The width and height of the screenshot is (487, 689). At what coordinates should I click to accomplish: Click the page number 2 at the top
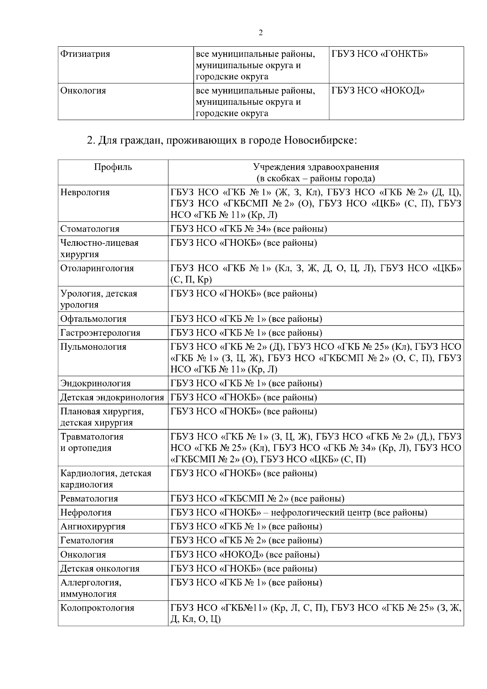261,33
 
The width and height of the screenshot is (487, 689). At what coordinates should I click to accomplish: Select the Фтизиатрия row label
85,54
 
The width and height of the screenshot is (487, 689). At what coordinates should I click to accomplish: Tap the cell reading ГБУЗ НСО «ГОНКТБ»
379,54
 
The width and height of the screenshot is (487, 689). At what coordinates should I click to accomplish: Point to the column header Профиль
113,167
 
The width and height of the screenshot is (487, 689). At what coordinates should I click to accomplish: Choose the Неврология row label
85,192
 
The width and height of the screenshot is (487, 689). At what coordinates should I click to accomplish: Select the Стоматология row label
90,229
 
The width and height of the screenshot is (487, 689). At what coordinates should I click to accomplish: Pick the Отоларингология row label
97,268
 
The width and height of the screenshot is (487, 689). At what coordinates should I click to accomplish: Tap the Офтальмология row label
93,319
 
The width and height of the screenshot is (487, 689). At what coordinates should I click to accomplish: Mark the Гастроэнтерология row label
100,333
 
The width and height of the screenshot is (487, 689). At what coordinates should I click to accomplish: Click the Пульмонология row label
93,347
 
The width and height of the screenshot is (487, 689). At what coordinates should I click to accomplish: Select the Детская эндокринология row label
112,397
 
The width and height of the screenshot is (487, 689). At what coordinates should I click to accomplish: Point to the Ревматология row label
89,498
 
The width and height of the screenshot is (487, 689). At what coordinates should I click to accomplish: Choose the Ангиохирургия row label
93,526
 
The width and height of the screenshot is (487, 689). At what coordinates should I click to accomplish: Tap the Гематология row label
87,541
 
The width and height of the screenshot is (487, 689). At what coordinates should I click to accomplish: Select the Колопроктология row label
97,608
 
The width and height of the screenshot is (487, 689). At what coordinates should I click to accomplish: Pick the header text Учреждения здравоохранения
316,167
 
